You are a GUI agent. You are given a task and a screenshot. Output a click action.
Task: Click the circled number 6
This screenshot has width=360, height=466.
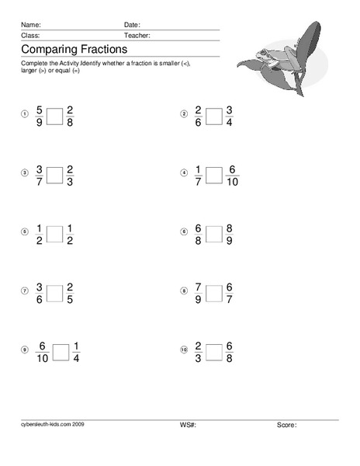[184, 231]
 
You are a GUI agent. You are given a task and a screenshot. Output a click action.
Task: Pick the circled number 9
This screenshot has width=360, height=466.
[24, 350]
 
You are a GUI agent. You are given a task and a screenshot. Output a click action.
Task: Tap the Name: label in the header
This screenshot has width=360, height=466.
[31, 25]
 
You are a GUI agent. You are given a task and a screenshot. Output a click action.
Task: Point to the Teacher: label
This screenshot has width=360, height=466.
[137, 36]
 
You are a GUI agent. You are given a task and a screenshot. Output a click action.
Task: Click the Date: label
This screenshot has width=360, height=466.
[132, 25]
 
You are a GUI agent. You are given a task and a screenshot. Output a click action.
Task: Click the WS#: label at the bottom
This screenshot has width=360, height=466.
[186, 426]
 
